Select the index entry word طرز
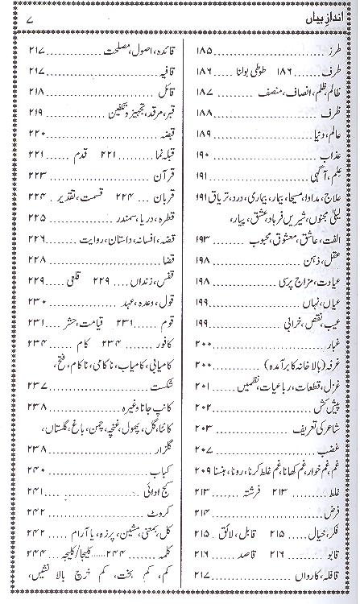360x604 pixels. point(336,50)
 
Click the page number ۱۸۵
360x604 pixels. point(205,50)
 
